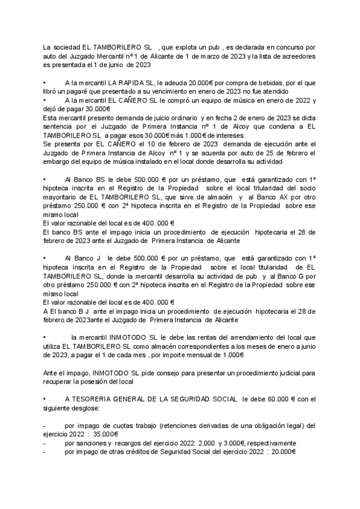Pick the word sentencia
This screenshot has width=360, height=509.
pos(59,127)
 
